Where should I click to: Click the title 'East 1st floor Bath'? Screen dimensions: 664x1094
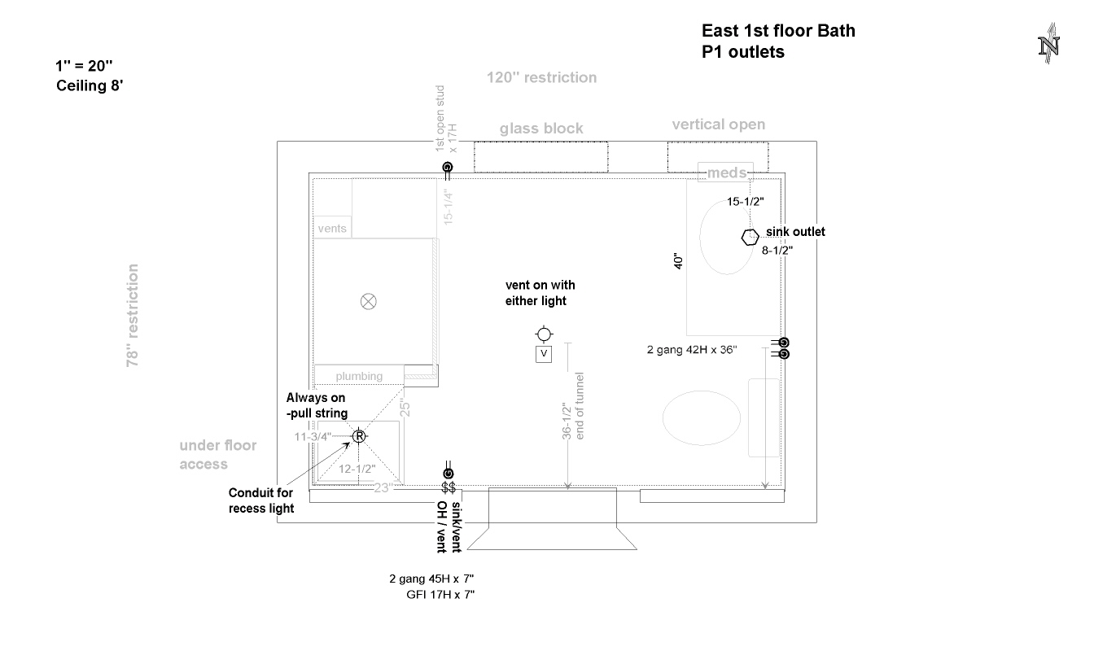(x=778, y=31)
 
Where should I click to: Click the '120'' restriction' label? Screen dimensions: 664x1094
(x=541, y=78)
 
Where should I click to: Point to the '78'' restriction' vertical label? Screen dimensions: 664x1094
(x=133, y=315)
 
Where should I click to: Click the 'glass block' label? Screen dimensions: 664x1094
(x=541, y=129)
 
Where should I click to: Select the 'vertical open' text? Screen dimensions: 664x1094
(x=718, y=124)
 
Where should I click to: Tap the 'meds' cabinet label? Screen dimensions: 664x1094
(x=725, y=173)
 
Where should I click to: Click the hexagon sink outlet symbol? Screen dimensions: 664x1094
(x=749, y=237)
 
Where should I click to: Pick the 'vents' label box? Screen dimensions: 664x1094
(x=332, y=229)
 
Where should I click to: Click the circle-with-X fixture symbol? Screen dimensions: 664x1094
(x=368, y=302)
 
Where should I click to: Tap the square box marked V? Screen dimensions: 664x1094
(x=544, y=354)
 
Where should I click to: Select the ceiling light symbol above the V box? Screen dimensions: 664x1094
(x=544, y=334)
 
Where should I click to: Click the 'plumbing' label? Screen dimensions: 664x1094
(x=359, y=376)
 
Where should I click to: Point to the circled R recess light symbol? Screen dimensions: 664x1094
(x=358, y=436)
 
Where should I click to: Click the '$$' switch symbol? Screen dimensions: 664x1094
(x=448, y=487)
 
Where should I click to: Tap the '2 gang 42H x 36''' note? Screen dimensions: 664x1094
(x=692, y=350)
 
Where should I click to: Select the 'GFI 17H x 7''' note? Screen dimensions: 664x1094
(x=440, y=595)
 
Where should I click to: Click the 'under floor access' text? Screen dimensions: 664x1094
(x=217, y=454)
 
